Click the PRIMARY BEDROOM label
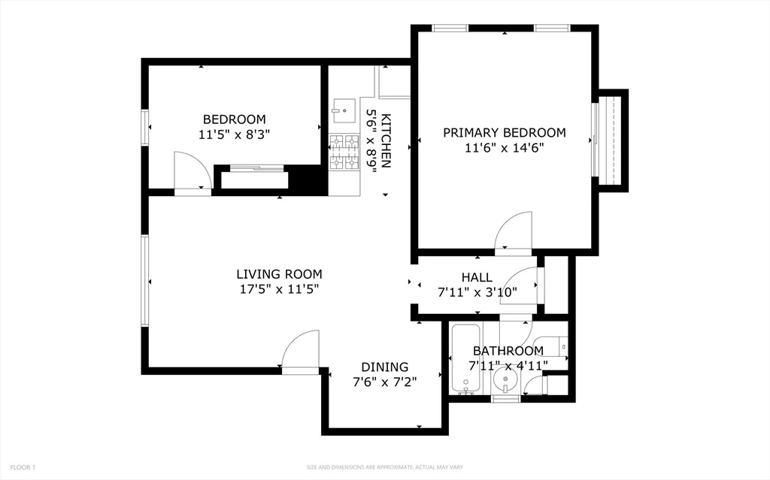(x=504, y=133)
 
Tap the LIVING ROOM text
(x=279, y=274)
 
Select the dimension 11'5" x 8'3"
(x=234, y=135)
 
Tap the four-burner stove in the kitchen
(x=345, y=152)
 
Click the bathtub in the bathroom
(x=466, y=359)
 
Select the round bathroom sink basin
(x=505, y=384)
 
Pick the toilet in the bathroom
(x=556, y=346)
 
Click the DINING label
(x=384, y=367)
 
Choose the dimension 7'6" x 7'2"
(x=384, y=382)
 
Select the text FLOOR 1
(x=22, y=467)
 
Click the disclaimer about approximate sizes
(x=384, y=467)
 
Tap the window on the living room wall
(x=144, y=282)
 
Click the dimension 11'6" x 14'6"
(x=504, y=148)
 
